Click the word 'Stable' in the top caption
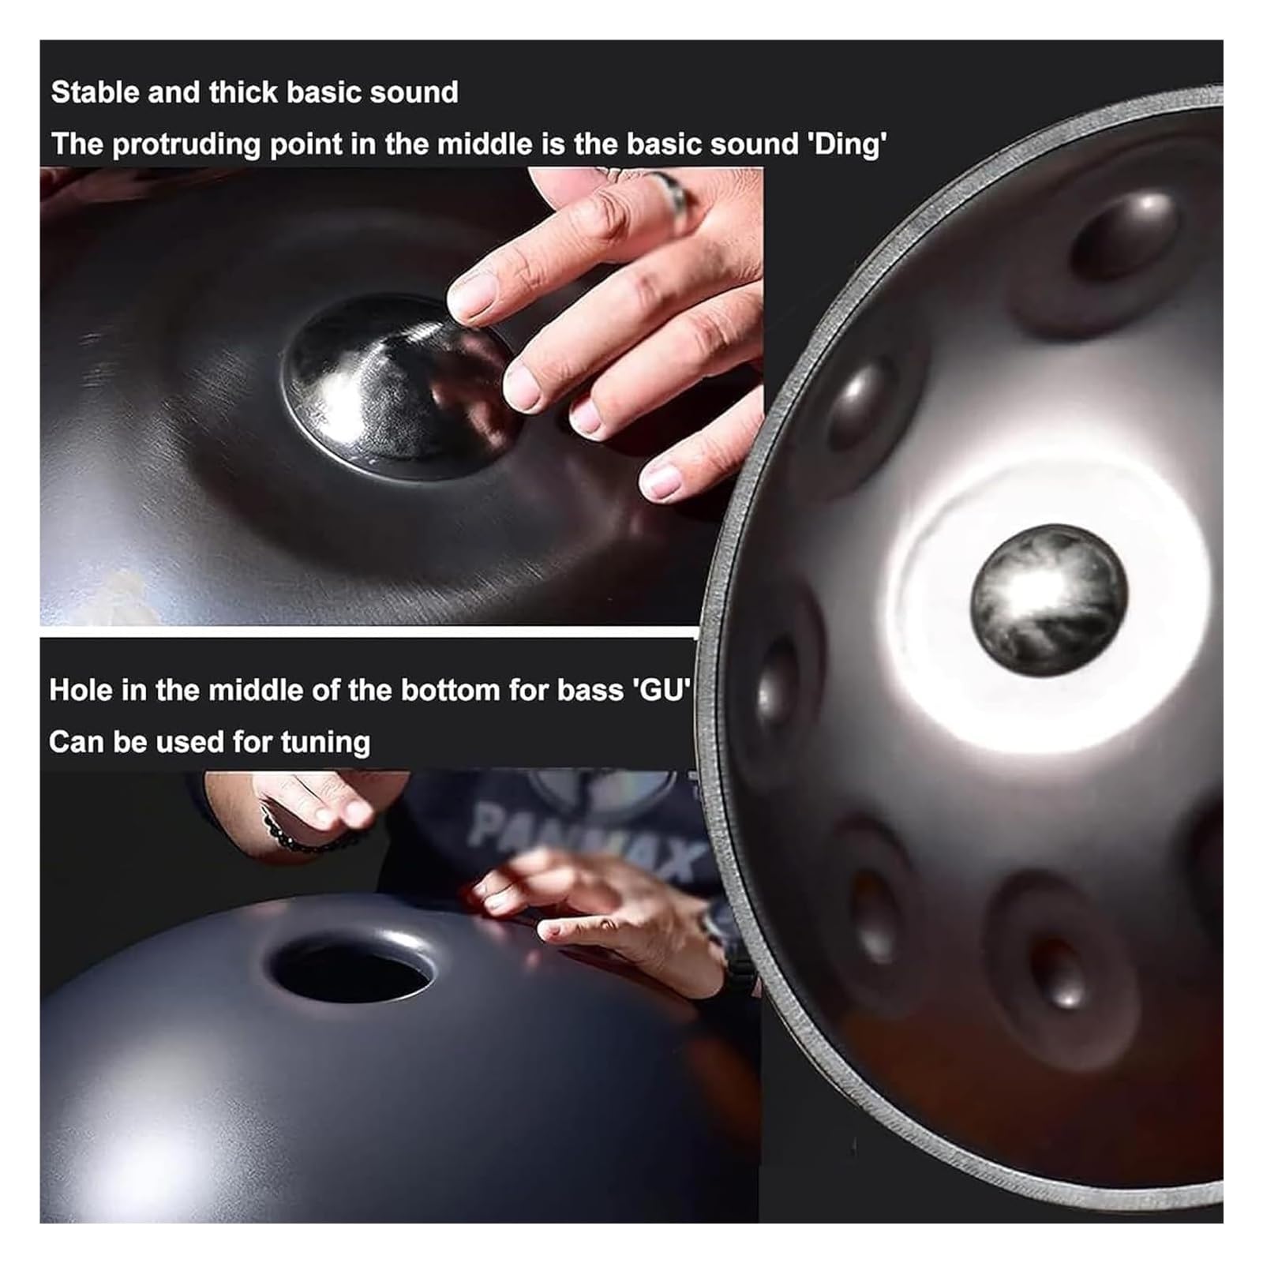(x=96, y=92)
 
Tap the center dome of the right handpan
(x=1048, y=600)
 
